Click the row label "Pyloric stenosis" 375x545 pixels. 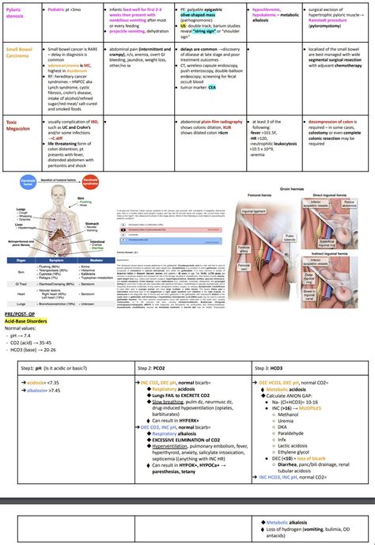pyautogui.click(x=17, y=13)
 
